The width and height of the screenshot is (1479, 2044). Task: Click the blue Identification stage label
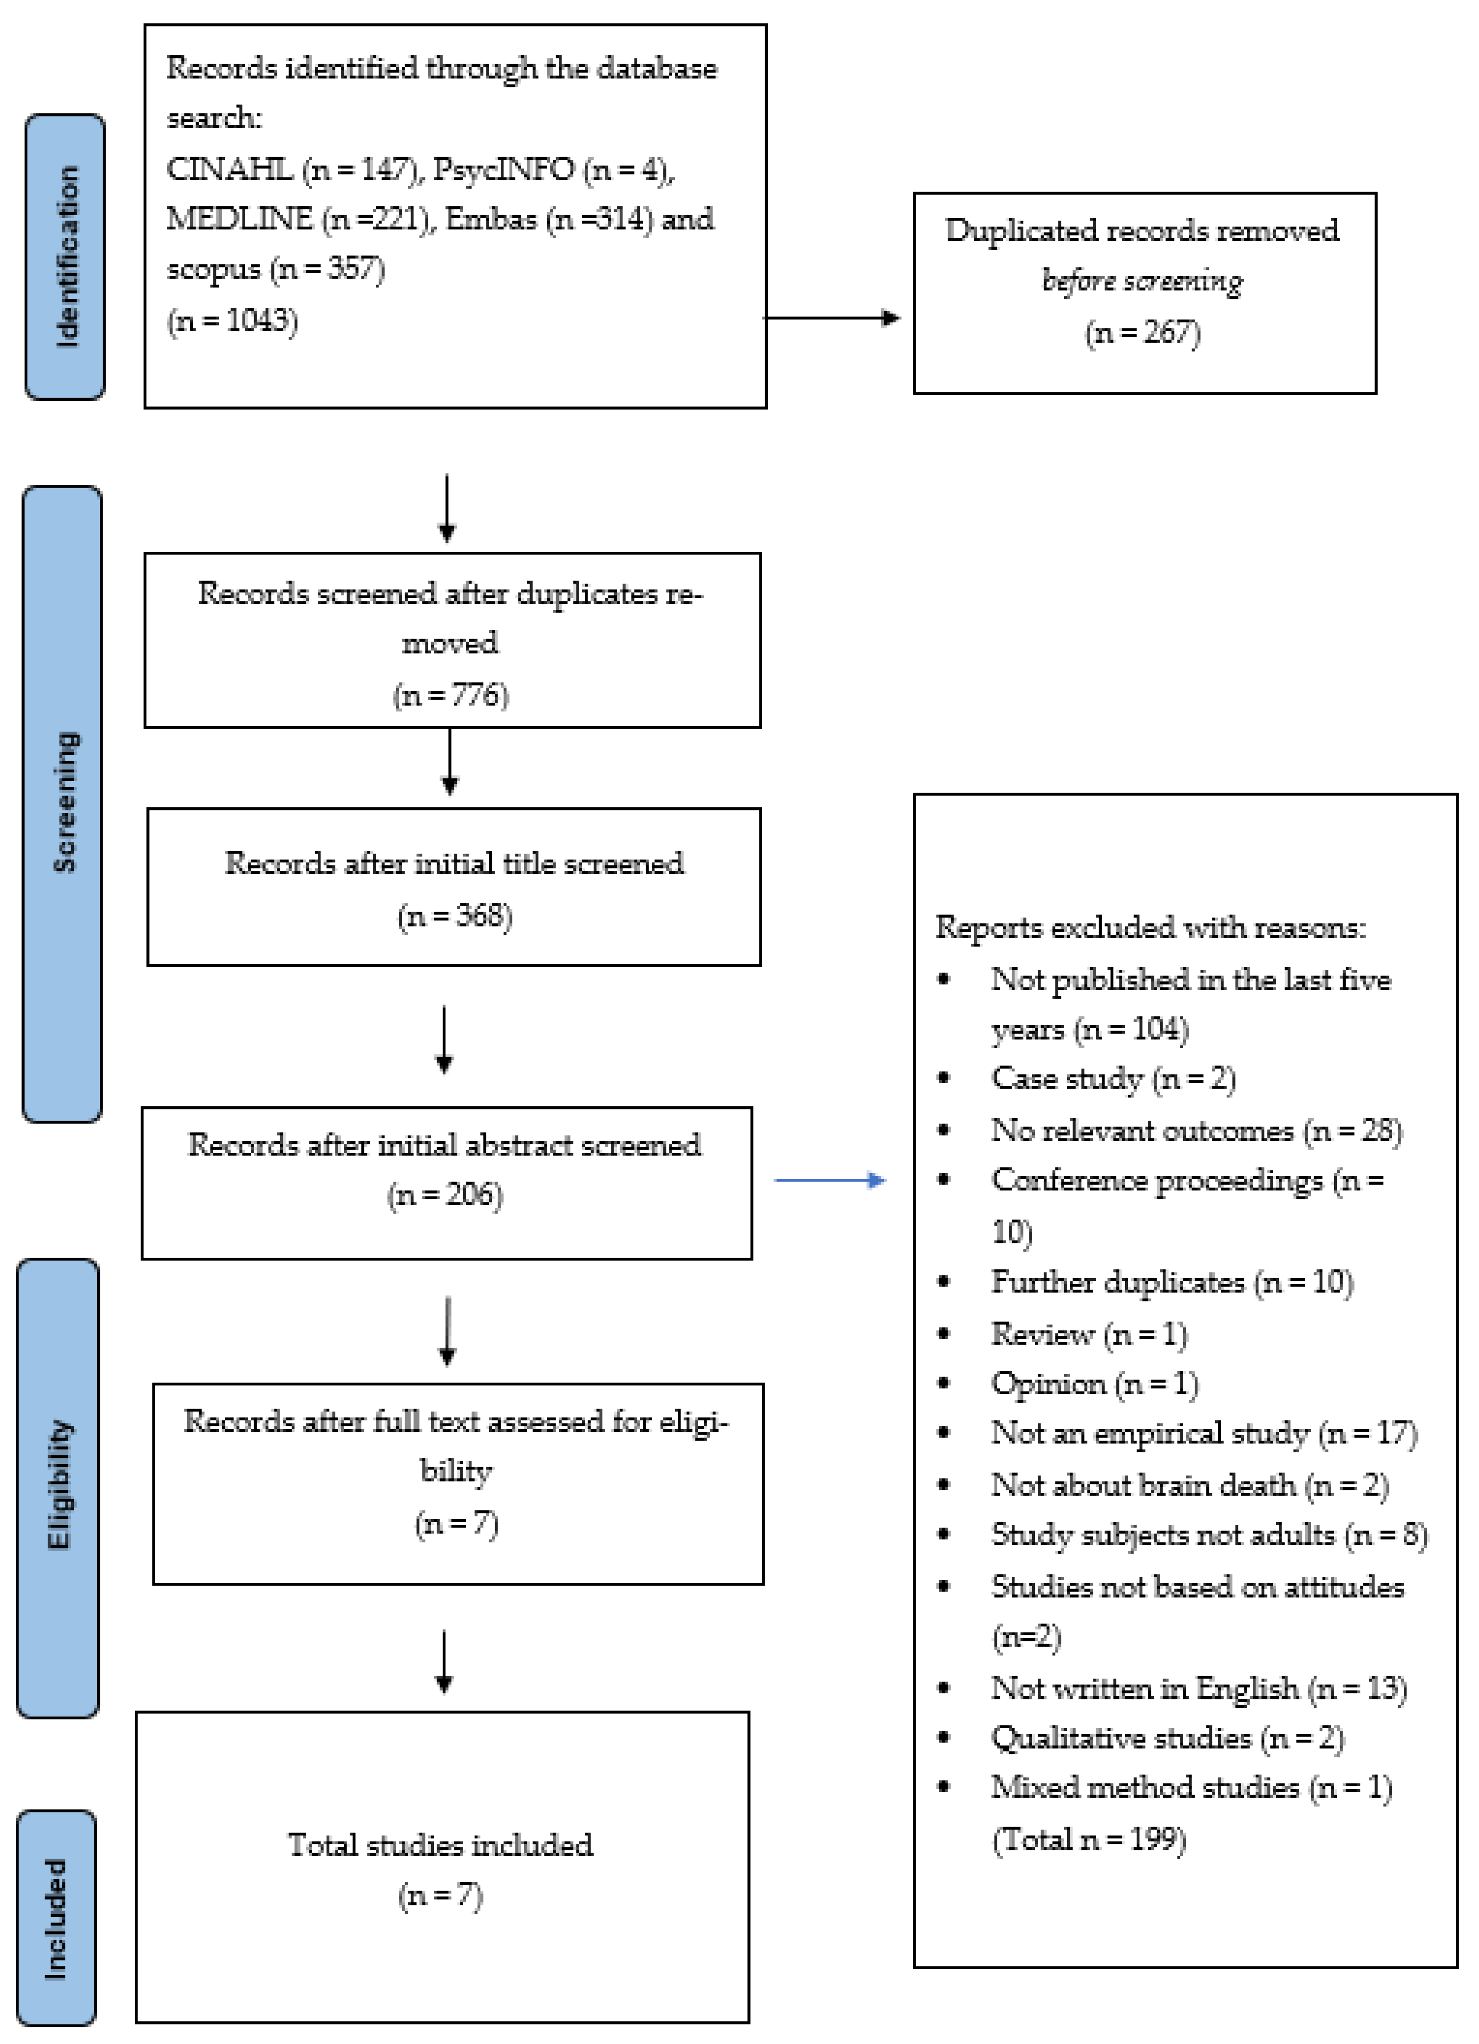[x=65, y=257]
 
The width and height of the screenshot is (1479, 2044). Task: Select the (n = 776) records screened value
[x=451, y=695]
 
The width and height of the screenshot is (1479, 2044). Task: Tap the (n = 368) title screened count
[x=455, y=916]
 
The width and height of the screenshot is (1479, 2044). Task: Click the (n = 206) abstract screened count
[x=445, y=1195]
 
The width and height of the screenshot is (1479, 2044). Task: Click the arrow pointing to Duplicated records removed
[x=831, y=317]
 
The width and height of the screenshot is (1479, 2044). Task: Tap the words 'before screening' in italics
[x=1142, y=281]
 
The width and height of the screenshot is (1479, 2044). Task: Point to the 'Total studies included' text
[x=441, y=1845]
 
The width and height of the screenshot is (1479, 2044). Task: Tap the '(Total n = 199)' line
[x=1089, y=1839]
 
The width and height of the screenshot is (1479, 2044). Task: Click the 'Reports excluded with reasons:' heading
[x=1150, y=927]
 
